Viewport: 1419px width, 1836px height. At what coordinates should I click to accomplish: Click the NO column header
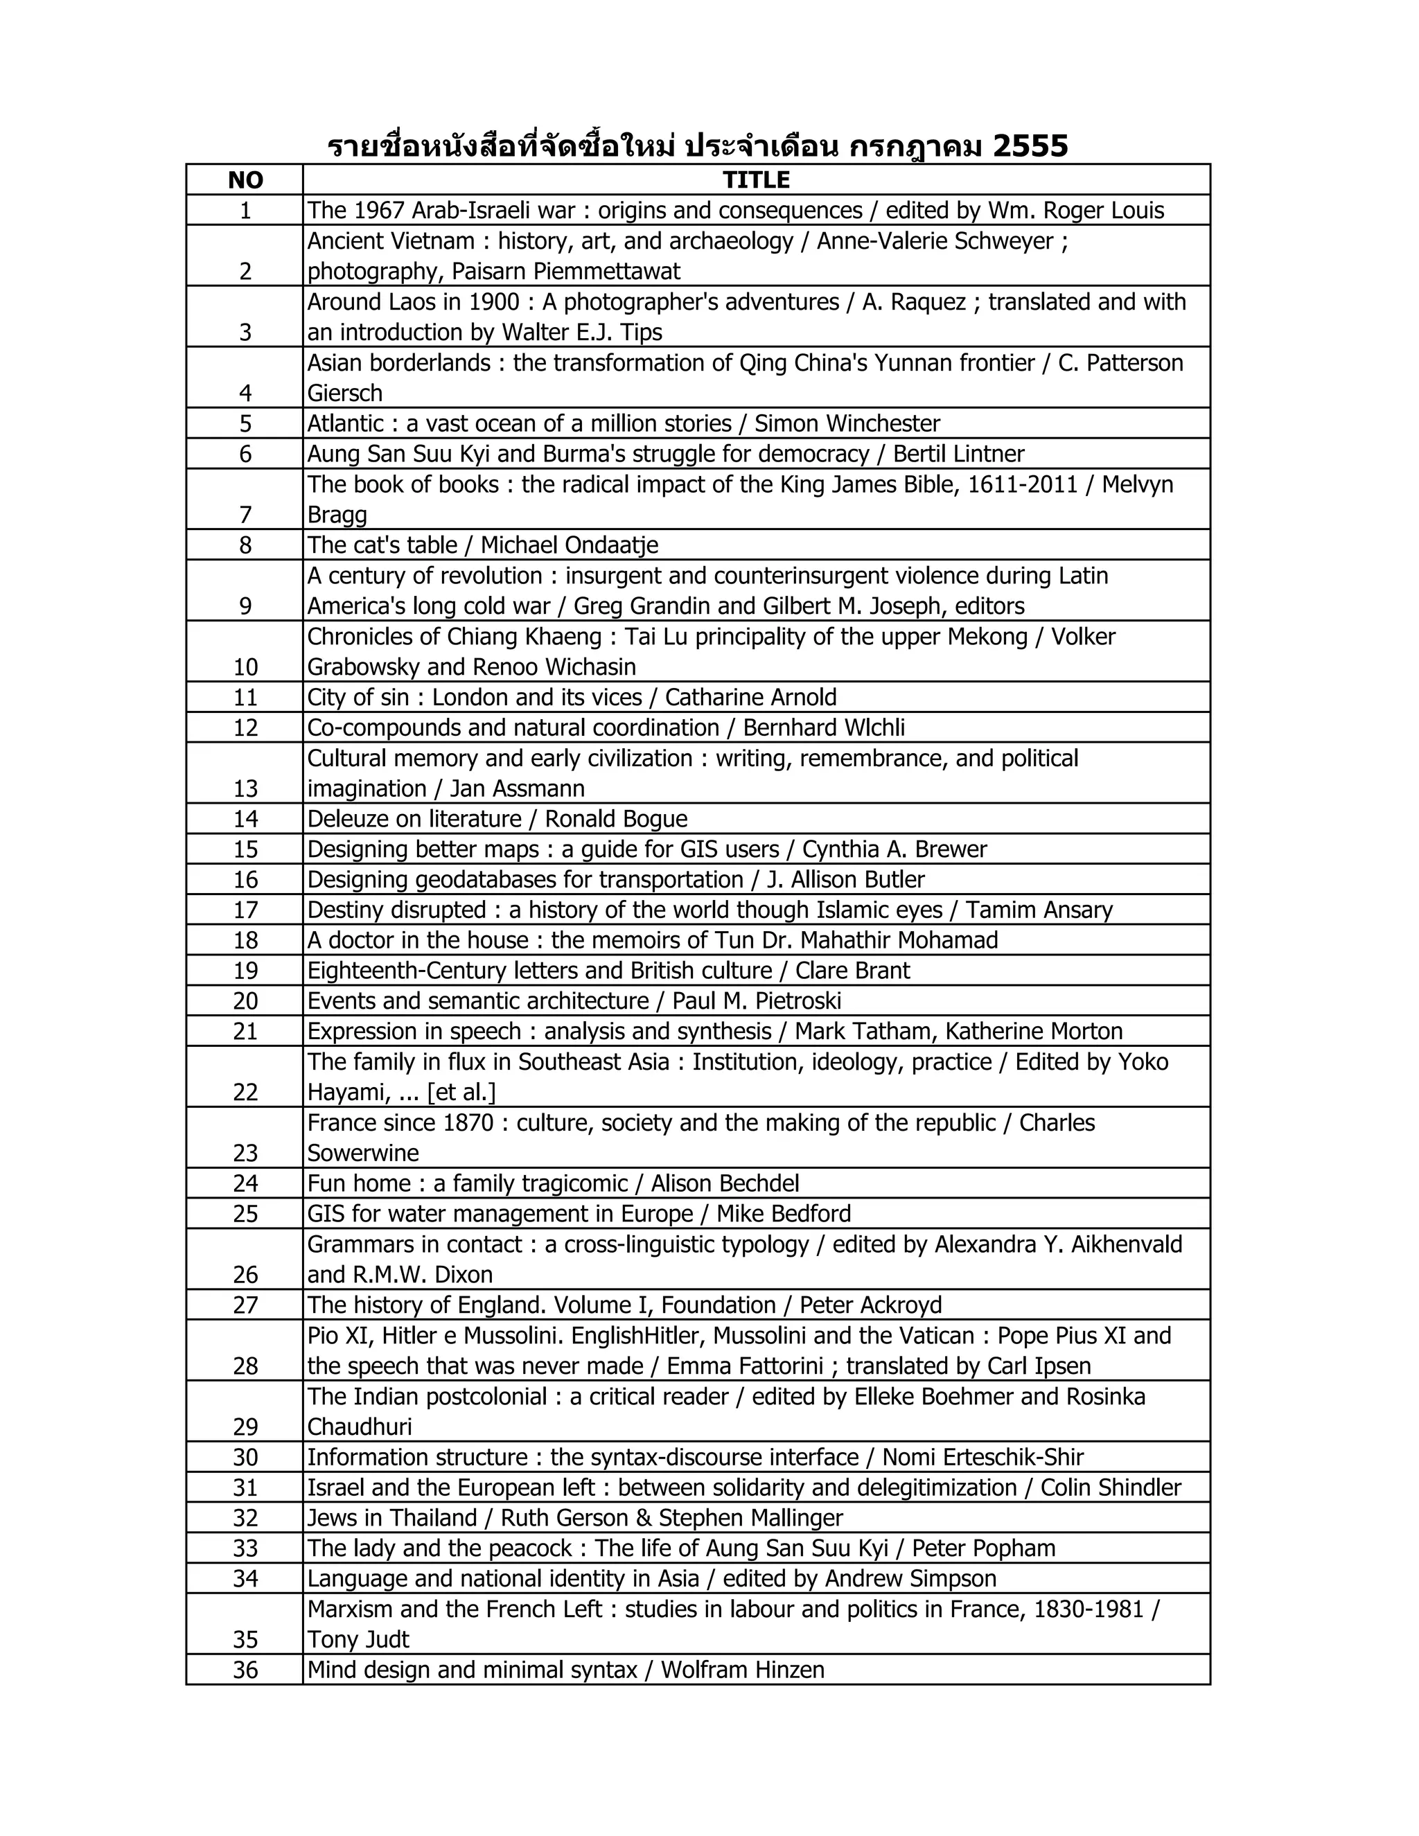click(245, 180)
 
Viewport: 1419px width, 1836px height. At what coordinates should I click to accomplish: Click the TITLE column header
click(756, 180)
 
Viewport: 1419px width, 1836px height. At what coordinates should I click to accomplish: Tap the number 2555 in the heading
click(1030, 146)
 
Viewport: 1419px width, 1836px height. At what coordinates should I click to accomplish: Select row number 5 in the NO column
click(245, 424)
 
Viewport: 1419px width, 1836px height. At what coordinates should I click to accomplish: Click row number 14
click(245, 820)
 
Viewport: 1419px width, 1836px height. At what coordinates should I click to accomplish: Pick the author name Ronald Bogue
click(616, 820)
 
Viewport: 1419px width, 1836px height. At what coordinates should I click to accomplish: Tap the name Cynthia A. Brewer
click(894, 850)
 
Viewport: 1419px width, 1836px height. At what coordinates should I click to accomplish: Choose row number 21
click(245, 1032)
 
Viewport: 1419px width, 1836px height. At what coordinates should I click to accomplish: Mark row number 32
click(245, 1518)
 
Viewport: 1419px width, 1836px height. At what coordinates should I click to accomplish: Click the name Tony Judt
click(358, 1640)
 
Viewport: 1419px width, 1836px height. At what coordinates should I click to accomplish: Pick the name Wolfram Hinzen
click(742, 1670)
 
